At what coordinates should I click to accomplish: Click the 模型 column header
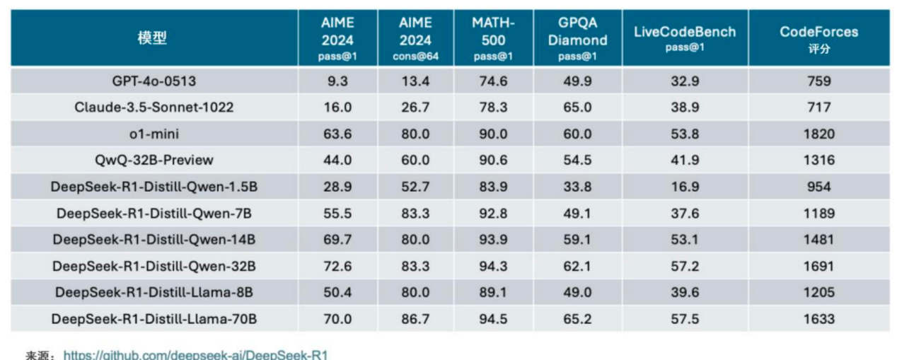[x=153, y=39]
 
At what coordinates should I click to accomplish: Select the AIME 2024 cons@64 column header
[x=415, y=39]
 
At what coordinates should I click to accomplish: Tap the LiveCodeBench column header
[x=684, y=39]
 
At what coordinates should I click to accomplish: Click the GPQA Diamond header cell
[x=577, y=39]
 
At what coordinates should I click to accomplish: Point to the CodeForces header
[x=818, y=39]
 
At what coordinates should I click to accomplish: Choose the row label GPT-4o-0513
[x=153, y=81]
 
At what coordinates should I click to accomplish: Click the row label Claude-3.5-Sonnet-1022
[x=154, y=108]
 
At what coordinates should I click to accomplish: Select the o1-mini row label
[x=154, y=134]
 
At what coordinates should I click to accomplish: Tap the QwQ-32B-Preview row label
[x=154, y=160]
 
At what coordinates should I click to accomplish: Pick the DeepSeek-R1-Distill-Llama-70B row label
[x=154, y=320]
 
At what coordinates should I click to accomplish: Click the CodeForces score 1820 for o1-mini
[x=818, y=134]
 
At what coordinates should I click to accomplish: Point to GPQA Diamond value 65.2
[x=577, y=320]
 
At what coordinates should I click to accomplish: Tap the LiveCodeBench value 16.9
[x=684, y=187]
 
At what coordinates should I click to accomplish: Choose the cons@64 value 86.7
[x=415, y=320]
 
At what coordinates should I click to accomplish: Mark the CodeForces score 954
[x=818, y=187]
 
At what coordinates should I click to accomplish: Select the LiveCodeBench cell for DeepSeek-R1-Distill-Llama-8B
[x=684, y=292]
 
